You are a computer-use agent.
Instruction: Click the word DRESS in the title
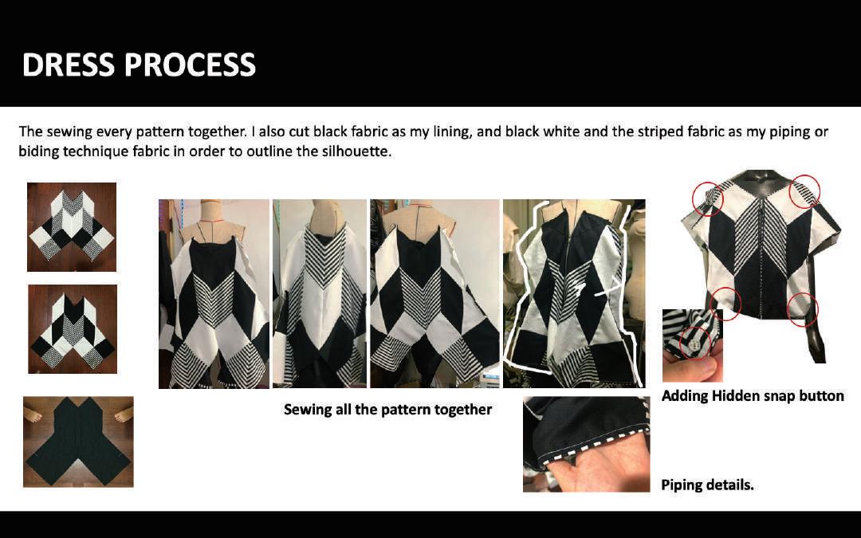(69, 65)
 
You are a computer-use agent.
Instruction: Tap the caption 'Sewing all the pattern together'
(387, 410)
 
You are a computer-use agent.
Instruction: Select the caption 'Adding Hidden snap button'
(753, 396)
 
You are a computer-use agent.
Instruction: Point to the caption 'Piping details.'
(707, 485)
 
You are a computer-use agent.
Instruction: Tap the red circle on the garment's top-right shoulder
(804, 191)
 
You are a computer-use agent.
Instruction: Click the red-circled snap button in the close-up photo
(695, 344)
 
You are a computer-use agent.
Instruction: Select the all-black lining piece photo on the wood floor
(78, 442)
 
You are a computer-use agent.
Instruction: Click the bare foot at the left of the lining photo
(33, 415)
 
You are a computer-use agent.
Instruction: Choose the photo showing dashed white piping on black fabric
(586, 444)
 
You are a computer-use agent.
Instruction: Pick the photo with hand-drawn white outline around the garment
(574, 293)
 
